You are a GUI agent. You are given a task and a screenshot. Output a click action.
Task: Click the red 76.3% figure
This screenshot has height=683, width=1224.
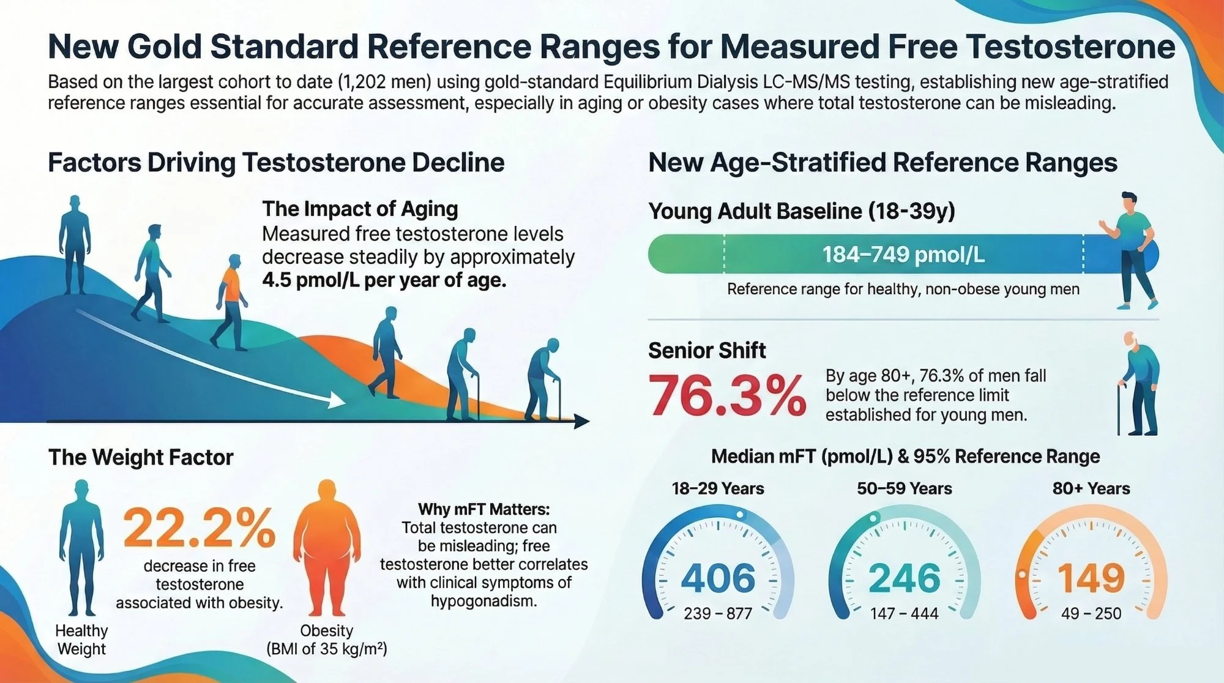727,396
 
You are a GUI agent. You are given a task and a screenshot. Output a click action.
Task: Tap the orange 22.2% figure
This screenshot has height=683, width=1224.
199,528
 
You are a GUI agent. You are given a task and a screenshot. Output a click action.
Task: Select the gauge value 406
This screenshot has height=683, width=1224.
718,578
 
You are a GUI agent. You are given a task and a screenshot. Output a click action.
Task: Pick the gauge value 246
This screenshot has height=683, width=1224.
904,578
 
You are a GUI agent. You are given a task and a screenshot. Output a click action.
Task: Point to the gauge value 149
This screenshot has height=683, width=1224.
1091,578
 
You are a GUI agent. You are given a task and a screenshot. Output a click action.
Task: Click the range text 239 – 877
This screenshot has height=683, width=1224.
718,613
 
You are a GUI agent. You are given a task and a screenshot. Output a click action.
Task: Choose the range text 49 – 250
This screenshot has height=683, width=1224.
1091,613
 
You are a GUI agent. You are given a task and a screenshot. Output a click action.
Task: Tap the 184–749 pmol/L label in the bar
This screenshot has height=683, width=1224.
903,255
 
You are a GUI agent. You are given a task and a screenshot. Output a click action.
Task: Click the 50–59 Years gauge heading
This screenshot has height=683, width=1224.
904,488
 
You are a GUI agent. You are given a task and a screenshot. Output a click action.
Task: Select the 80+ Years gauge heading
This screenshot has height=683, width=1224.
1091,488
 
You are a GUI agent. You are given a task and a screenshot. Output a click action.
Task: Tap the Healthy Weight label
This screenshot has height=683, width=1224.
81,640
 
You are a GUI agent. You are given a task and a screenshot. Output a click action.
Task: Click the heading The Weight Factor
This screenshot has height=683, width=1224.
141,457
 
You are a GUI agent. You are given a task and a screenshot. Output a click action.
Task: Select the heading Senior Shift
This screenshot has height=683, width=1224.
707,350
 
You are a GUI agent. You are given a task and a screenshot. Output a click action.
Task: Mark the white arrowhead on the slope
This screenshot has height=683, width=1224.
336,400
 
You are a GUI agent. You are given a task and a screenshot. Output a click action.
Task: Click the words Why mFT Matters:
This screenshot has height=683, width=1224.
483,509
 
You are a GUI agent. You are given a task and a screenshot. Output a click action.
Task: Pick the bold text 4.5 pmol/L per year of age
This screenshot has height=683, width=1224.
384,280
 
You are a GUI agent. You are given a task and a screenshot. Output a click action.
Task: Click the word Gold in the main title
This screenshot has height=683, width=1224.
165,47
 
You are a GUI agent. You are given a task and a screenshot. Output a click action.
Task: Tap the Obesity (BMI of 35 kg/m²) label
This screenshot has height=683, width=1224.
326,640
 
